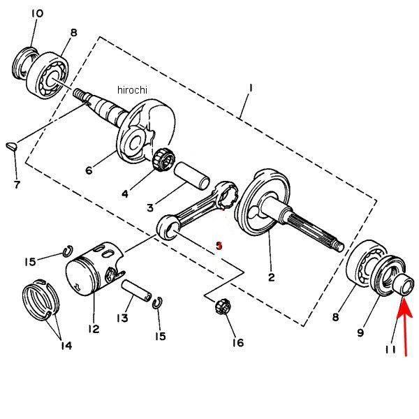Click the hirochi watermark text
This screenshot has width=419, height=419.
(132, 90)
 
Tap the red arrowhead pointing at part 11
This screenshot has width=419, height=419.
(404, 308)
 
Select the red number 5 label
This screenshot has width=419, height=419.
(219, 246)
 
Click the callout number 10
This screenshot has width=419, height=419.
(37, 13)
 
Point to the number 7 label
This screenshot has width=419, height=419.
(17, 184)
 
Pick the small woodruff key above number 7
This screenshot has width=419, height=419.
(11, 146)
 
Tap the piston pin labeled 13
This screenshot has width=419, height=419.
(137, 291)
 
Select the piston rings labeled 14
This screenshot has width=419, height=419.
(41, 299)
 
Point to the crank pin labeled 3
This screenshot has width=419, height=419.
(192, 177)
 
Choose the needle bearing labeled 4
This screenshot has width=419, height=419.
(163, 160)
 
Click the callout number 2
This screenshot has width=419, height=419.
(271, 277)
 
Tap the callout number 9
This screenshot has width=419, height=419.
(360, 332)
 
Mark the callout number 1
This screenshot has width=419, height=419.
(251, 88)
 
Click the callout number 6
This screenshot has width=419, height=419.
(89, 170)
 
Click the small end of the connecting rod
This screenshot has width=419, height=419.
(168, 227)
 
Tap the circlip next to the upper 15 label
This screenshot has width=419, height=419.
(68, 251)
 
